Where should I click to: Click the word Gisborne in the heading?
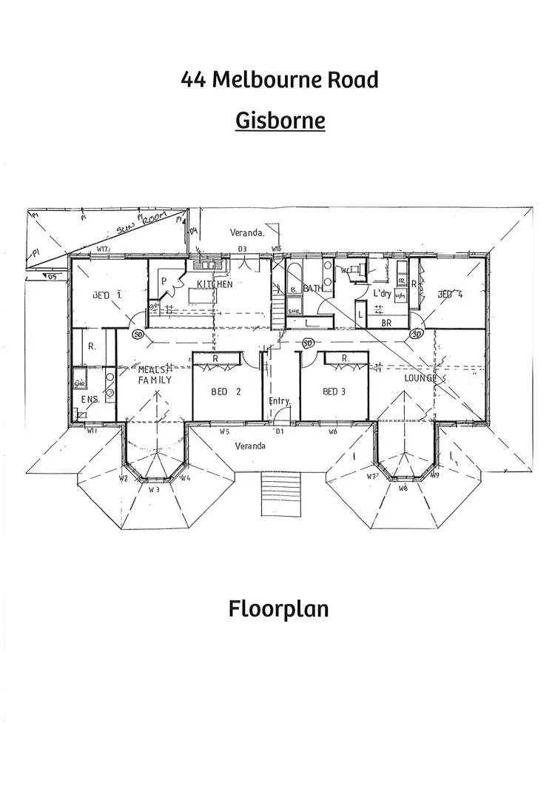(280, 120)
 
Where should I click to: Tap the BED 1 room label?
(107, 295)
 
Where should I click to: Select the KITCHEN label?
(215, 284)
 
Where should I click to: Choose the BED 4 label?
(451, 295)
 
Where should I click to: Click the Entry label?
(280, 400)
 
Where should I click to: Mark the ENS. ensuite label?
(90, 399)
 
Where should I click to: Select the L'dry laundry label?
(382, 294)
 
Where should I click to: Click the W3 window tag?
(154, 489)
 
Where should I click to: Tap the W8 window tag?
(403, 488)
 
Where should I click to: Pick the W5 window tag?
(225, 431)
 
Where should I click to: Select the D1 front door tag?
(280, 431)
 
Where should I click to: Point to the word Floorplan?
(279, 610)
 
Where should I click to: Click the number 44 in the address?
(194, 79)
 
